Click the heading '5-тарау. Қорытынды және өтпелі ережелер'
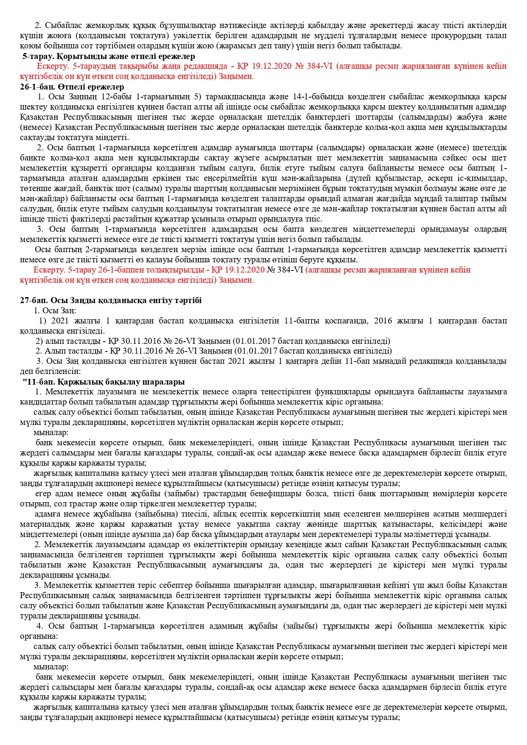coord(109,56)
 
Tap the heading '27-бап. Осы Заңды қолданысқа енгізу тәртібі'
coord(111,301)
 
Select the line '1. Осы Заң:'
coord(52,311)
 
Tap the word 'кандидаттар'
coord(40,402)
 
